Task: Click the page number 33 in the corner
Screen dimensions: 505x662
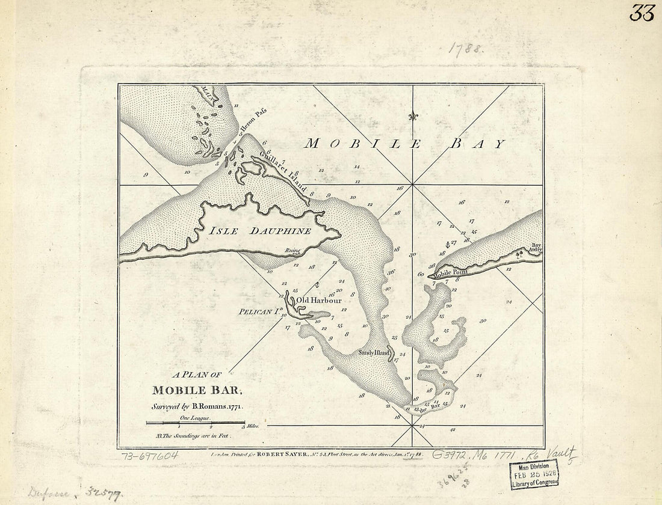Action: pyautogui.click(x=642, y=13)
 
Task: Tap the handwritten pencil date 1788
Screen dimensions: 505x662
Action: pyautogui.click(x=465, y=49)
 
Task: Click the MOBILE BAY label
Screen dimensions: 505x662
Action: pyautogui.click(x=404, y=144)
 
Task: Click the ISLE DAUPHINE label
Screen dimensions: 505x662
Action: pyautogui.click(x=260, y=231)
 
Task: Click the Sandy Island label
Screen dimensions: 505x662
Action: pyautogui.click(x=374, y=353)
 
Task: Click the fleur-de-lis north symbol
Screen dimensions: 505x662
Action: pyautogui.click(x=412, y=116)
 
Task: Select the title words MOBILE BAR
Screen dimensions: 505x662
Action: pyautogui.click(x=197, y=390)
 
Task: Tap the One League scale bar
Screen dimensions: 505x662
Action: pyautogui.click(x=195, y=423)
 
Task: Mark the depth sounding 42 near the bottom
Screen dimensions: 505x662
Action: pyautogui.click(x=452, y=430)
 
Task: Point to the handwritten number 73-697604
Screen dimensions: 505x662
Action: pyautogui.click(x=150, y=456)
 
